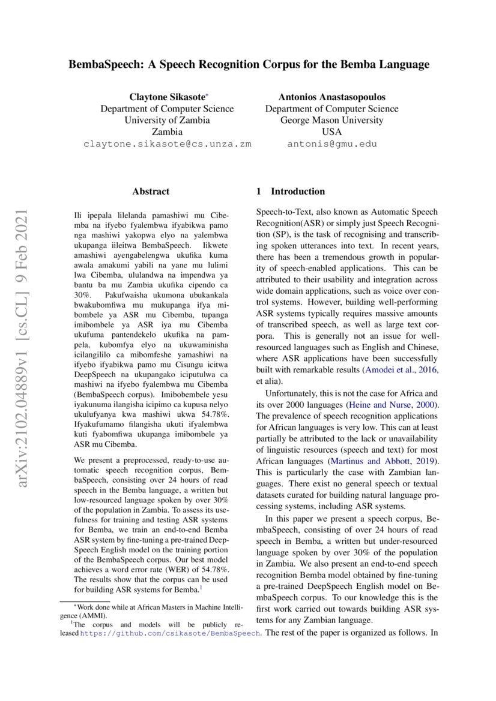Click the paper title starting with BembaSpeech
(x=248, y=64)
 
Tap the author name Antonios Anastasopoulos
(x=331, y=97)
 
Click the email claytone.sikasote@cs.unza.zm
(x=167, y=144)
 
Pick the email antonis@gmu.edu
(x=331, y=144)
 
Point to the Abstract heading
(x=151, y=192)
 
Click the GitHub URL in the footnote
(x=170, y=633)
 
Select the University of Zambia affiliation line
(x=167, y=120)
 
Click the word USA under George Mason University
(x=331, y=132)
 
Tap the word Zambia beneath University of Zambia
(x=167, y=132)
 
